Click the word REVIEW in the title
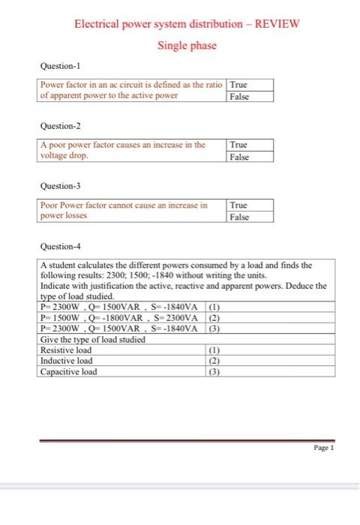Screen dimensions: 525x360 coord(277,23)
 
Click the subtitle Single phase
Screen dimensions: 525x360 coord(187,46)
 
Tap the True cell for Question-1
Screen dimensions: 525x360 coord(239,85)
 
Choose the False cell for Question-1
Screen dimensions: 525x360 coord(240,96)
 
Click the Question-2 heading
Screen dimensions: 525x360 coord(61,127)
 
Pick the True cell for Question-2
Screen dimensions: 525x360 coord(239,144)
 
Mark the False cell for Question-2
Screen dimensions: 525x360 coord(240,157)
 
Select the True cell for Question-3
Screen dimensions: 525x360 coord(239,205)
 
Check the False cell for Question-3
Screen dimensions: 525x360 coord(240,217)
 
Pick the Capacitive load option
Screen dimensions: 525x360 coord(68,371)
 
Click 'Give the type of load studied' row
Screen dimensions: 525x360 coord(92,340)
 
